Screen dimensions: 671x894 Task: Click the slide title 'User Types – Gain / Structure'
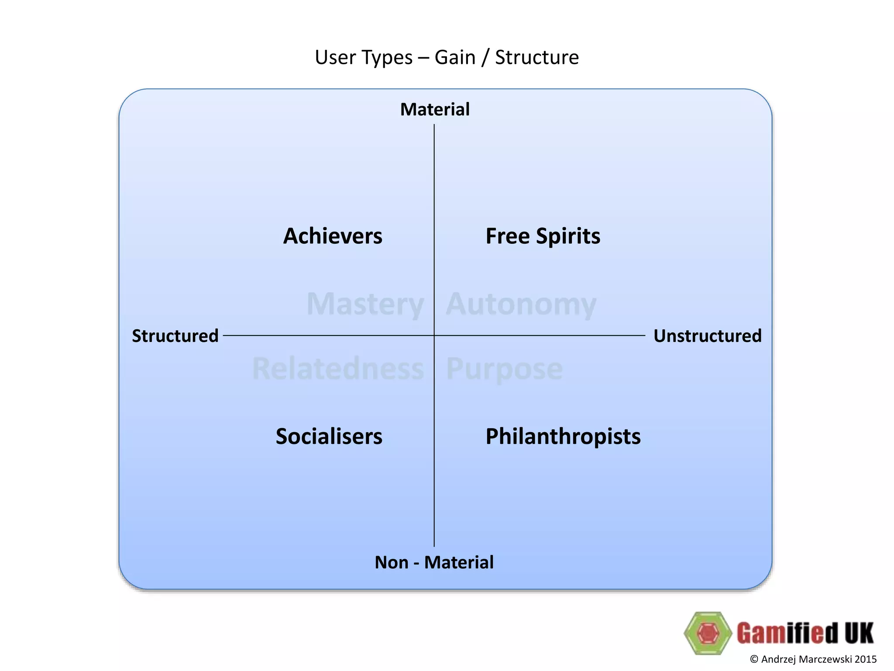coord(447,58)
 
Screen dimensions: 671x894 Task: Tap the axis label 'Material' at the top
coord(435,109)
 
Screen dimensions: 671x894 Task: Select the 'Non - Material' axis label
coord(434,562)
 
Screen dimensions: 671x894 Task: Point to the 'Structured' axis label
coord(175,336)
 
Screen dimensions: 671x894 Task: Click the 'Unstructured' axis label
coord(707,336)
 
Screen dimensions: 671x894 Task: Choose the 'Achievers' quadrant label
coord(333,236)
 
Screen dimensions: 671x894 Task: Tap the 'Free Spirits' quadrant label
coord(543,236)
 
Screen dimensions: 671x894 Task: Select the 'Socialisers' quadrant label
coord(329,436)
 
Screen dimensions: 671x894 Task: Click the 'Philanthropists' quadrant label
coord(563,436)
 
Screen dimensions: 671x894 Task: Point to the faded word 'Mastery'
coord(365,304)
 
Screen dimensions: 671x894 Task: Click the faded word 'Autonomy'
coord(521,304)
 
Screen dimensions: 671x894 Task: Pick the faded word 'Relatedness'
coord(338,369)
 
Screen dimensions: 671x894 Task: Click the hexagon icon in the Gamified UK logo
coord(708,633)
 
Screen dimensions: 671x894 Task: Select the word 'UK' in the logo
coord(859,633)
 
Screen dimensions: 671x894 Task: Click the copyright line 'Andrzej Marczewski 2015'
coord(813,659)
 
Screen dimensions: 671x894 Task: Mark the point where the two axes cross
coord(434,335)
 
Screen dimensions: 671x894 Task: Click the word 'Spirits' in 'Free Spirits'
coord(568,236)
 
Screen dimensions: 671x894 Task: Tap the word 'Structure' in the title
coord(537,58)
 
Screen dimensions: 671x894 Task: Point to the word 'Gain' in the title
coord(455,58)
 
